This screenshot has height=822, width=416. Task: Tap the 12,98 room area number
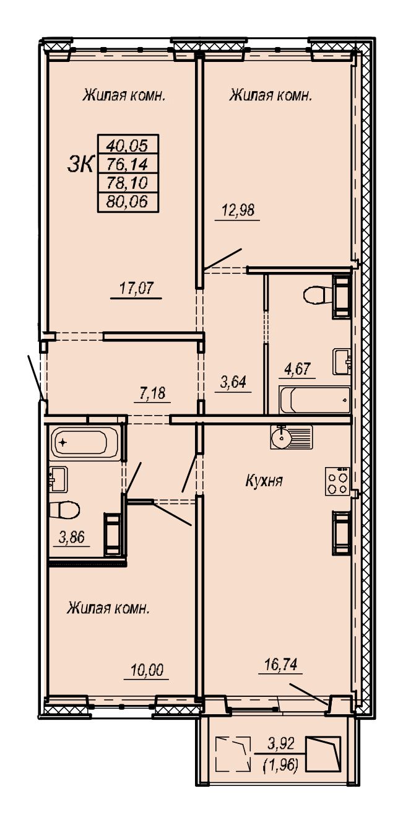(x=238, y=211)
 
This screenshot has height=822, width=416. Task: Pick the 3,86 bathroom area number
(x=72, y=538)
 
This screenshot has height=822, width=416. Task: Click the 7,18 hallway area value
(x=152, y=393)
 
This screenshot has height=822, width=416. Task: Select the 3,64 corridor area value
(x=233, y=382)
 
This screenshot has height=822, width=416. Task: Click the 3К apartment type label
(x=80, y=164)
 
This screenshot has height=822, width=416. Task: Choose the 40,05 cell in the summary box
(x=128, y=146)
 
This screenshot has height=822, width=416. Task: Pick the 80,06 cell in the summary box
(x=128, y=201)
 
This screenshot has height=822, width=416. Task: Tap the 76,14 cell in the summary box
(x=128, y=164)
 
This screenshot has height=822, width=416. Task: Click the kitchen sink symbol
(x=292, y=437)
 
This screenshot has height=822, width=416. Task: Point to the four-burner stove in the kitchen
(x=337, y=481)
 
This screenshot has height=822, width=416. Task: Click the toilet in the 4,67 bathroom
(x=318, y=294)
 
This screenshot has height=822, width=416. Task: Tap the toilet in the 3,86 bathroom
(x=64, y=510)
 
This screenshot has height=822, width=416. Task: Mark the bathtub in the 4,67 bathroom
(x=314, y=400)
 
